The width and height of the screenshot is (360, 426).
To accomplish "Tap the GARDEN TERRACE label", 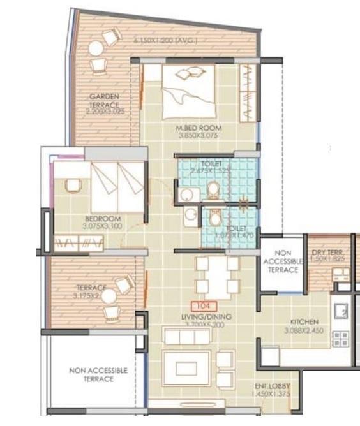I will [x=104, y=100].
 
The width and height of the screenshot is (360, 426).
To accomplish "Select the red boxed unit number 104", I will [x=205, y=306].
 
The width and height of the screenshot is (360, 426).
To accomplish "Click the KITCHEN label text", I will [x=304, y=322].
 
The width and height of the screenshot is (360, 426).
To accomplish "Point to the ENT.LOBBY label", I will [x=269, y=386].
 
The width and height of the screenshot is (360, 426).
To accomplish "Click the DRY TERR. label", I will [x=327, y=254].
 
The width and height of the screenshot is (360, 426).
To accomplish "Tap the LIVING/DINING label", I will [x=206, y=317].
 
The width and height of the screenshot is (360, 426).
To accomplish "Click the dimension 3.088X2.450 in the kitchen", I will [x=304, y=330].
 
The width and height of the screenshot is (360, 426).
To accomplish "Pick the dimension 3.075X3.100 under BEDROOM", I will [x=103, y=226].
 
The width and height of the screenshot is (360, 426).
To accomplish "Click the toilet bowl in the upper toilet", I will [x=213, y=189].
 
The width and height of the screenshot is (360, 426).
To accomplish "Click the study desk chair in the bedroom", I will [x=73, y=185].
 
